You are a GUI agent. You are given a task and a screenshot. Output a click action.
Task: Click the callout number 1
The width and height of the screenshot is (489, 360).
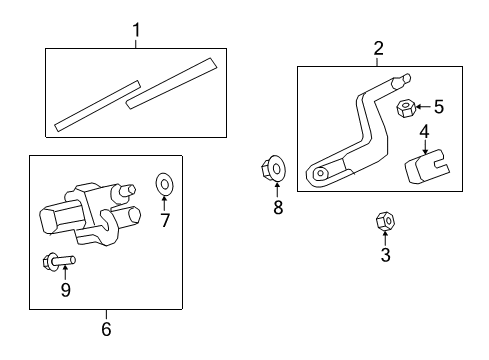(x=136, y=32)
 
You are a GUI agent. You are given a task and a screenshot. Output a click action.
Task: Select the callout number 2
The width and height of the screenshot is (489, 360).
(x=378, y=48)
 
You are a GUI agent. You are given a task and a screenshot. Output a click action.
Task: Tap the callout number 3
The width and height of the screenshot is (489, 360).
(x=384, y=255)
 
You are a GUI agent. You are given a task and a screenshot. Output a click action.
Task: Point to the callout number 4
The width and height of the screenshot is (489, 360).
(x=424, y=131)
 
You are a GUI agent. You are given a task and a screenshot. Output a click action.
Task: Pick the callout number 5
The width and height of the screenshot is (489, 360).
(x=437, y=107)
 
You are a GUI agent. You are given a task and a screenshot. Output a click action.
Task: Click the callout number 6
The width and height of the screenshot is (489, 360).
(x=106, y=328)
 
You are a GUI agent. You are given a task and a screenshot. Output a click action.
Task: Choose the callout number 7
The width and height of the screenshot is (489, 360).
(x=166, y=219)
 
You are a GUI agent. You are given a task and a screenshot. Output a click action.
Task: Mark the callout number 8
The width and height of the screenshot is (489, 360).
(x=278, y=207)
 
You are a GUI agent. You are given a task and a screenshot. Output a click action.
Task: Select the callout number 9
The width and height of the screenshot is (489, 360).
(x=66, y=291)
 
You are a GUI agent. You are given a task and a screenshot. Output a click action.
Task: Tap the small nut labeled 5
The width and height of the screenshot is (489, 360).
(x=406, y=107)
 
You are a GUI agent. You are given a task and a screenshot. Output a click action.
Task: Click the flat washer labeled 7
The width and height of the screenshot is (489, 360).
(x=165, y=185)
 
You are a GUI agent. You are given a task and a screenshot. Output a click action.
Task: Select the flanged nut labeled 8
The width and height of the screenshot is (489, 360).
(x=276, y=170)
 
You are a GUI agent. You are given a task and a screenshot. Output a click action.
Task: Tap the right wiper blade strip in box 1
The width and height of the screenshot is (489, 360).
(x=171, y=82)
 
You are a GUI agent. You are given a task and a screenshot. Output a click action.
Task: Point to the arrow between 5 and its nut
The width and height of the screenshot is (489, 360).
(x=423, y=107)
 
